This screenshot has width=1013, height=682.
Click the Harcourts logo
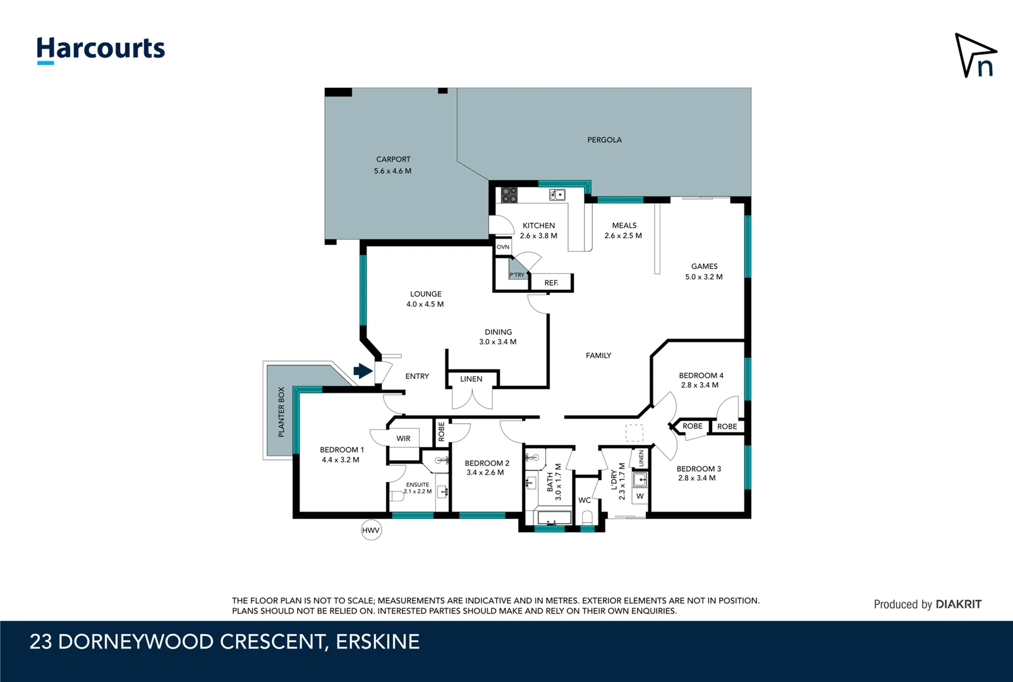[100, 49]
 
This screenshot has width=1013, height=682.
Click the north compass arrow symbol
[974, 56]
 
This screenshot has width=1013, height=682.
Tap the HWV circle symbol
[371, 530]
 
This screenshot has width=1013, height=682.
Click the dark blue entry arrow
[363, 371]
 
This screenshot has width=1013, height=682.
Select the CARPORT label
[393, 159]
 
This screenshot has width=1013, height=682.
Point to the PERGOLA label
[604, 140]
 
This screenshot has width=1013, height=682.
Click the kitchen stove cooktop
[509, 194]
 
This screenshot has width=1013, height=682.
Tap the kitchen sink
[557, 194]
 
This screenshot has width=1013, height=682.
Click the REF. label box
[551, 283]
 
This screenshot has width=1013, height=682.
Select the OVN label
[503, 247]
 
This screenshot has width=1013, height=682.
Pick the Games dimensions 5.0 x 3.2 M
[704, 277]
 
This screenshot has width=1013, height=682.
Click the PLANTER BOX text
[281, 412]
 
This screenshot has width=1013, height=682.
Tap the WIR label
[403, 438]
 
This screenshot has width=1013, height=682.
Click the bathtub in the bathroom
[554, 518]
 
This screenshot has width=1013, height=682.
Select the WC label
[585, 500]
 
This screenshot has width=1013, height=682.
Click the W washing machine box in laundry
[640, 496]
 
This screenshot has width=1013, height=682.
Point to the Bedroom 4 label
[701, 375]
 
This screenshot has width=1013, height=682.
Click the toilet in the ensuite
[396, 497]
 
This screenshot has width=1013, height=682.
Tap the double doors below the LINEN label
[472, 399]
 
